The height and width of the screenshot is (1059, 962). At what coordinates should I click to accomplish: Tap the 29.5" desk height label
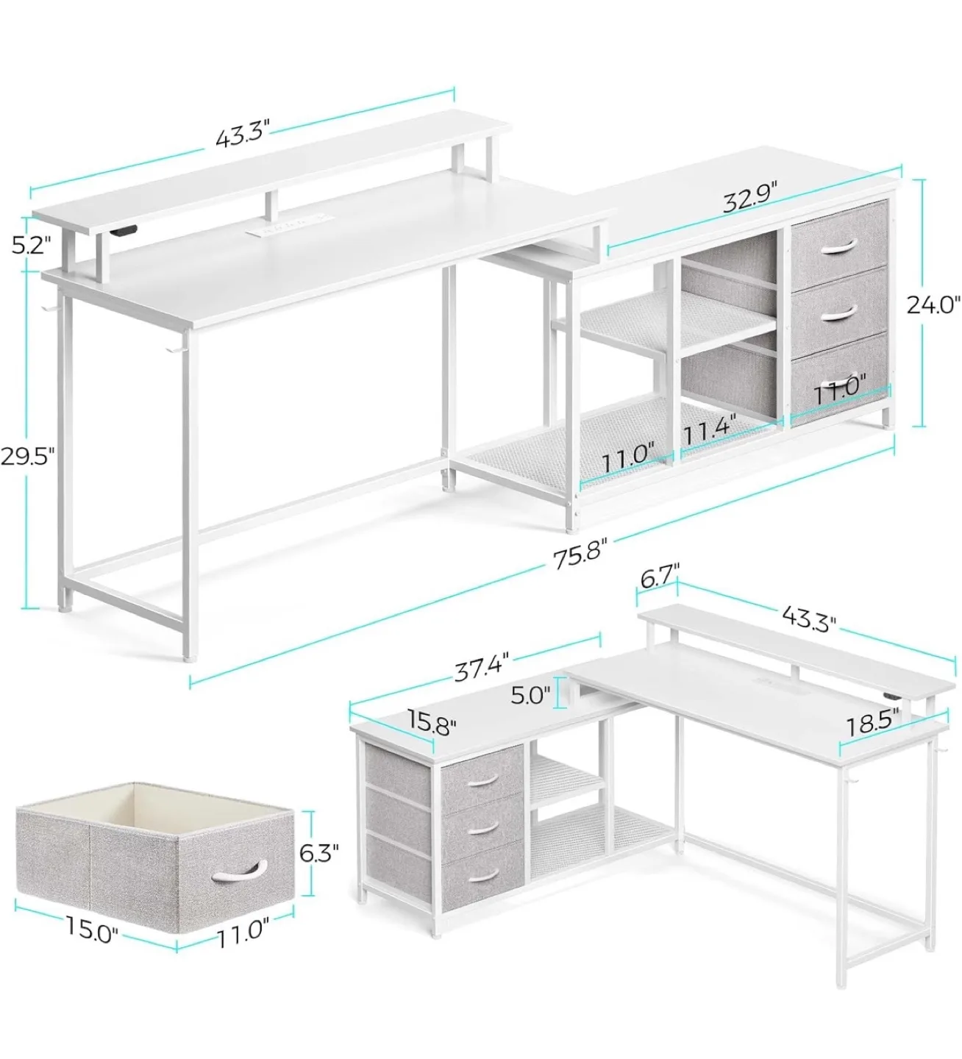coord(29,455)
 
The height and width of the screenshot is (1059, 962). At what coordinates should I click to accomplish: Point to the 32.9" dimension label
coord(749,197)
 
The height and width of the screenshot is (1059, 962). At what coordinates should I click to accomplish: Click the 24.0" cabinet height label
coord(933,304)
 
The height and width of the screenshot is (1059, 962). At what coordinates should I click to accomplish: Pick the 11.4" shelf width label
coord(710,429)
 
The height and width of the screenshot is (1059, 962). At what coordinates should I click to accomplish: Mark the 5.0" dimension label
coord(531,694)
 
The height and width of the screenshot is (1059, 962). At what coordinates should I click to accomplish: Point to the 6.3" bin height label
coord(319,852)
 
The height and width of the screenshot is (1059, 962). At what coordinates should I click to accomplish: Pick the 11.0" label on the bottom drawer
coord(839,394)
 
